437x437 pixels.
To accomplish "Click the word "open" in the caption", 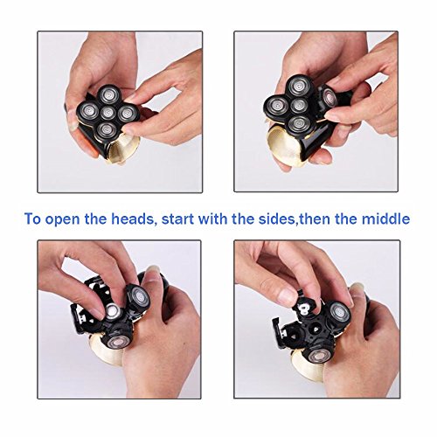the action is point(61,220).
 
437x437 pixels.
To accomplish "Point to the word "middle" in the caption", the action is point(385,218).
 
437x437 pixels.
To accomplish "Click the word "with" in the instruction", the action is point(213,218).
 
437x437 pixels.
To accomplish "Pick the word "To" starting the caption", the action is point(32,219).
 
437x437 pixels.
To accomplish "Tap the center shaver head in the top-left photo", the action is point(108,113).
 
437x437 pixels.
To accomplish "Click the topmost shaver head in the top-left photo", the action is point(108,94).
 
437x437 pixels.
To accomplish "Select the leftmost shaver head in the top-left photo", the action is point(88,110).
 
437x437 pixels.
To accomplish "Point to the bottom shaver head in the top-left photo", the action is point(107,129).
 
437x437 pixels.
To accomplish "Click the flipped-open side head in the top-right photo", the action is point(329,96).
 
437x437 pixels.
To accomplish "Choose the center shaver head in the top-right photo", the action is point(299,106).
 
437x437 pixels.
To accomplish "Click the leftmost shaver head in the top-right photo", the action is point(275,106).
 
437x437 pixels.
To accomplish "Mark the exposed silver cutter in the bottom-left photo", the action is point(112,311).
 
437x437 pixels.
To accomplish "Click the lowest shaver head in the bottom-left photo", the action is point(118,343).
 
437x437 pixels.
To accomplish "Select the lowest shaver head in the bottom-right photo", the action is point(318,355).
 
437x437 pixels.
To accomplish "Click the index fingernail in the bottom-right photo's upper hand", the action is point(288,295).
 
